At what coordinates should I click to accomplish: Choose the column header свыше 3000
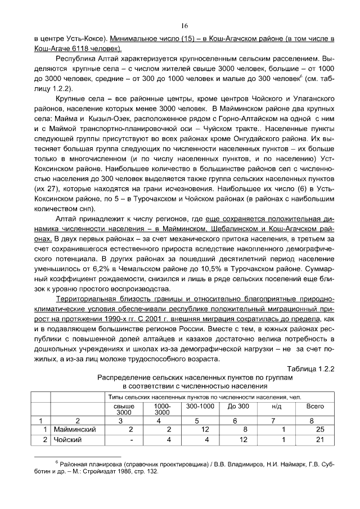pos(124,408)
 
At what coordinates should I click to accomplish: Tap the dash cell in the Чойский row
pos(130,439)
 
